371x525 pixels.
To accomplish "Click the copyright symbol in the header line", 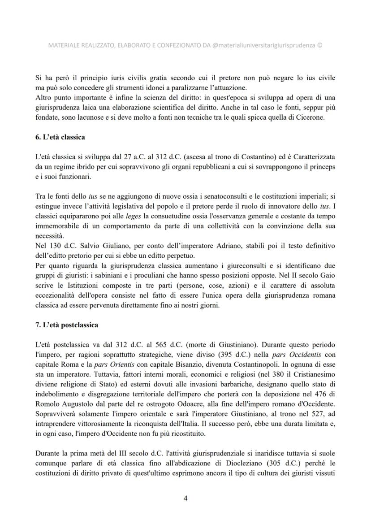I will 319,45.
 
